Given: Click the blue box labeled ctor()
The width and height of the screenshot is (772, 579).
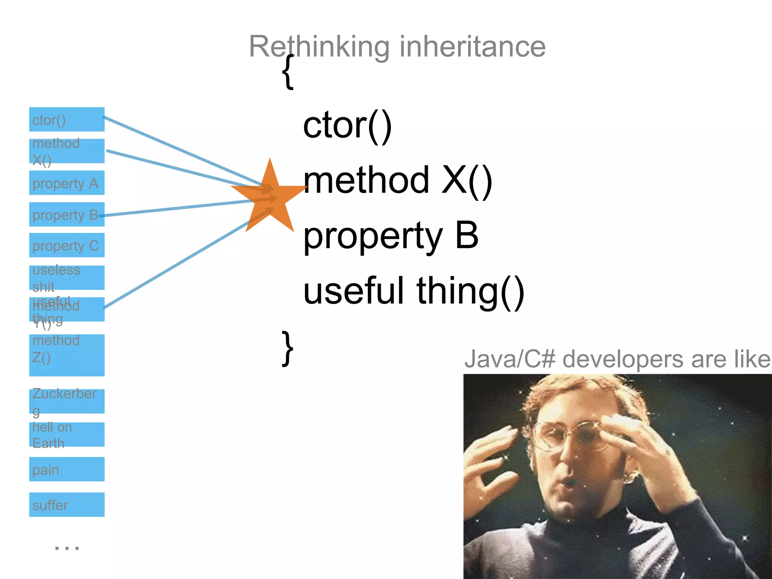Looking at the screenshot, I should [x=67, y=119].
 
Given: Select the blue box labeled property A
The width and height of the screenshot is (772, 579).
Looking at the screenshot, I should [x=67, y=183].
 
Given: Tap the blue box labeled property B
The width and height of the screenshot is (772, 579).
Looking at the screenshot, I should [x=67, y=214].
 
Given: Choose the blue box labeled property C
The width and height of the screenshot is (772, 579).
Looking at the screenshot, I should [x=67, y=245].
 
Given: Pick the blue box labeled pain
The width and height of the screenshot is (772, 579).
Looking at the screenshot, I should [x=67, y=469].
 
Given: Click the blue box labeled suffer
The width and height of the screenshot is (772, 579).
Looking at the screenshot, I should [x=67, y=505].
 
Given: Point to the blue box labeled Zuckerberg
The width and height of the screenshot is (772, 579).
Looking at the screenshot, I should [x=67, y=401].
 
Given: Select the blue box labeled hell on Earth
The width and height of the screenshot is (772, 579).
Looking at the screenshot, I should [x=67, y=434].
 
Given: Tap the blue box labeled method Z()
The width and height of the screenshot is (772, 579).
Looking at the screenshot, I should [x=67, y=355].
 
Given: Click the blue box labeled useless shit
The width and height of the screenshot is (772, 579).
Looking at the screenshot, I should [x=67, y=278].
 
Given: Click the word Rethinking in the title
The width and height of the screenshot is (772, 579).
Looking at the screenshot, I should [x=319, y=46].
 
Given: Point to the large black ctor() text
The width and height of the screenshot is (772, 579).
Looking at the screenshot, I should [x=347, y=126].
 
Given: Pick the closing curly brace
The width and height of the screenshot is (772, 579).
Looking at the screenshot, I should [x=288, y=348].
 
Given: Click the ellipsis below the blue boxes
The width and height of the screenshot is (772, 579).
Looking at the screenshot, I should [x=67, y=548].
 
